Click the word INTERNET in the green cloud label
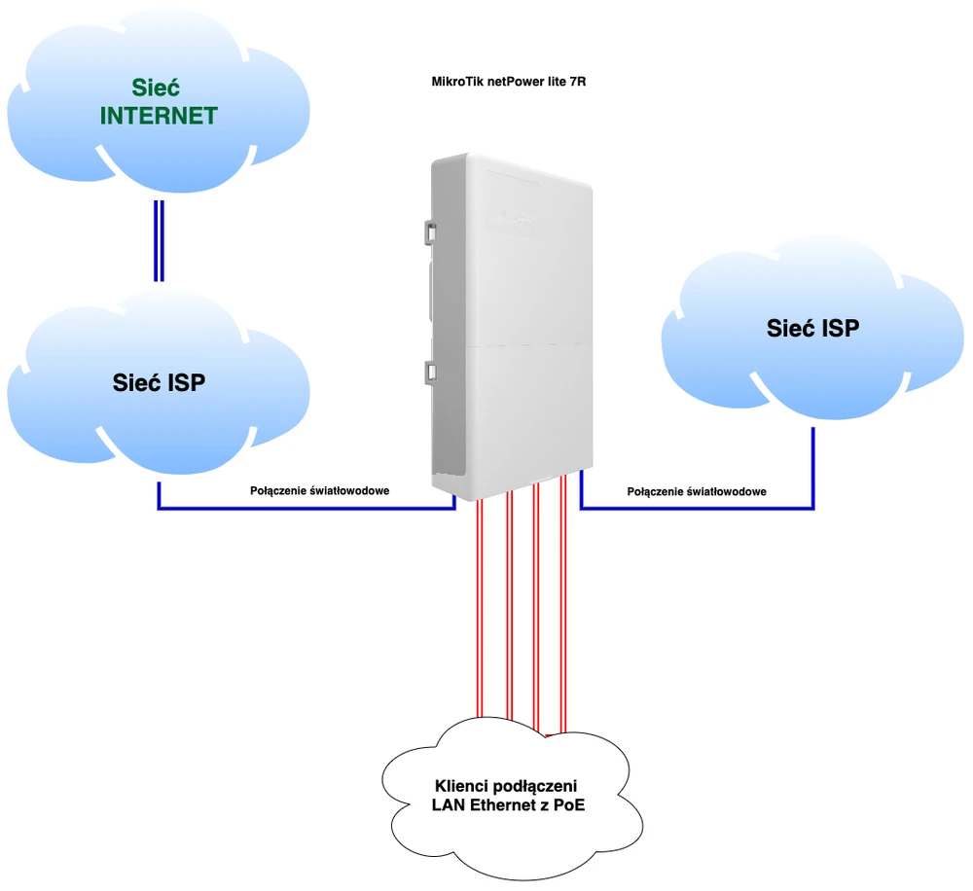[x=159, y=116]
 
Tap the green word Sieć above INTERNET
[x=159, y=87]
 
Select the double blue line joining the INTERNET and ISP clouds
[x=159, y=240]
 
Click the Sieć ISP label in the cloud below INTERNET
[x=159, y=382]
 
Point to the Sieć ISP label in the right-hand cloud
[x=812, y=328]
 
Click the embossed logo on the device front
[x=512, y=223]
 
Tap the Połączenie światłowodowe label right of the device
[x=697, y=491]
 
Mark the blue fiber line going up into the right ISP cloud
[x=812, y=467]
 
